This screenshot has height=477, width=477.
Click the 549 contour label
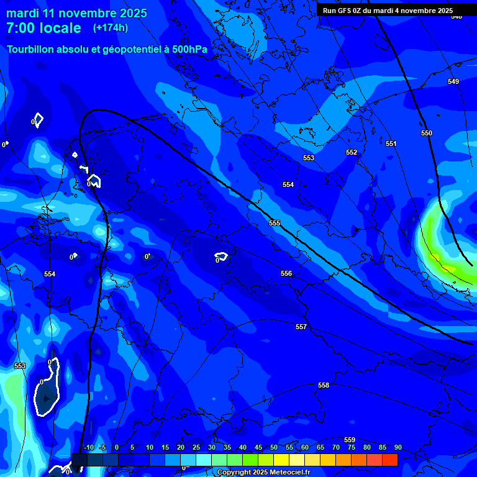tap(453, 82)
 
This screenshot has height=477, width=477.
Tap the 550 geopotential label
tap(427, 134)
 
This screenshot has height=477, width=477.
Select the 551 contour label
tap(391, 144)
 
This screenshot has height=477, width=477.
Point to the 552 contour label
tap(352, 153)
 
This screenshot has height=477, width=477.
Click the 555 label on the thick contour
tap(275, 223)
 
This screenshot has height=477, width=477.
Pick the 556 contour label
tap(286, 274)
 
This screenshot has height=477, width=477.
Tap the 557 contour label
tap(301, 327)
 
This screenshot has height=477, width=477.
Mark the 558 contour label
tap(324, 386)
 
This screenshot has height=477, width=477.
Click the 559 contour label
tap(350, 440)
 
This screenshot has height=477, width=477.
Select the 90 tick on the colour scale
tap(398, 448)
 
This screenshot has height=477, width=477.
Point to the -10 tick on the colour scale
tap(88, 448)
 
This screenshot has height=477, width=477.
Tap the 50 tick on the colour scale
tap(274, 448)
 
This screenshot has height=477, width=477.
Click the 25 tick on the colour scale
tap(196, 448)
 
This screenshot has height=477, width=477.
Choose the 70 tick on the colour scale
tap(336, 448)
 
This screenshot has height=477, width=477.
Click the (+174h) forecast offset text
tap(111, 28)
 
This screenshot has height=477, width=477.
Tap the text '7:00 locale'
tap(43, 28)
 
